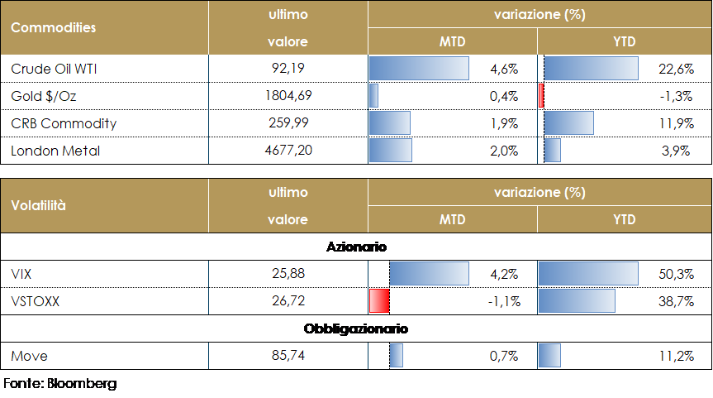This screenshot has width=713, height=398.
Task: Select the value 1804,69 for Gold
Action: (x=288, y=96)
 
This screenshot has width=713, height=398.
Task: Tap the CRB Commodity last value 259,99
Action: (x=288, y=123)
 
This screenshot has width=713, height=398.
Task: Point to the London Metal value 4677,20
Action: (x=288, y=151)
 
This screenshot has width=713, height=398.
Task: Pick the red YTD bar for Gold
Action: (x=540, y=96)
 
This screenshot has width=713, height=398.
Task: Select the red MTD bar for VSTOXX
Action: (x=378, y=302)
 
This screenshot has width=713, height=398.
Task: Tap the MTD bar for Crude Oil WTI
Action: (x=419, y=69)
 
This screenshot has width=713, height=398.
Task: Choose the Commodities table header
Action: (x=54, y=27)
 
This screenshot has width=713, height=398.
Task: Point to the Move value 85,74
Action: (x=288, y=356)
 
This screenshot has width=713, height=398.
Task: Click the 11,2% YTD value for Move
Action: (x=675, y=356)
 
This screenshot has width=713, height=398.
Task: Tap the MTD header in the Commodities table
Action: (x=452, y=41)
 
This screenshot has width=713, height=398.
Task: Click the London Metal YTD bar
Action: (x=553, y=151)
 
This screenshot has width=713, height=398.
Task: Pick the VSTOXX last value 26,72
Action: (x=288, y=302)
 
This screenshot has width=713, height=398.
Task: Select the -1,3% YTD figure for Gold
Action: (x=677, y=96)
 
